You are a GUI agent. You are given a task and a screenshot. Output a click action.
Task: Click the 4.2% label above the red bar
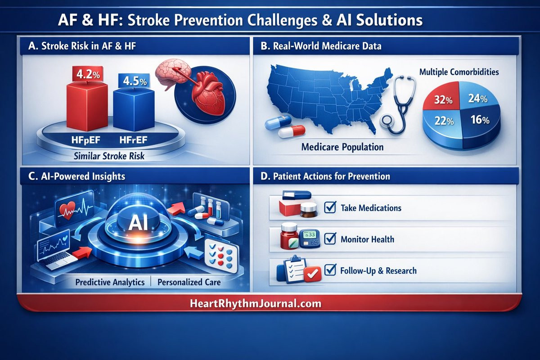(88, 74)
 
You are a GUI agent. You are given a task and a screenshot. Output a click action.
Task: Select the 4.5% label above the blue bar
(135, 81)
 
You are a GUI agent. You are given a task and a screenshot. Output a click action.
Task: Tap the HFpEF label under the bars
(85, 140)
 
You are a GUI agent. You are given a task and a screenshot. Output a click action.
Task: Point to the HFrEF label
(133, 140)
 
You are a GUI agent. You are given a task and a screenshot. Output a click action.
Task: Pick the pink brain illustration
(172, 72)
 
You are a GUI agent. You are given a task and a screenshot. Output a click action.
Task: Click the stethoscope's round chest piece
(387, 121)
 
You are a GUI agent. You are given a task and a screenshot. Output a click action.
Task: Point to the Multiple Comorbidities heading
(459, 72)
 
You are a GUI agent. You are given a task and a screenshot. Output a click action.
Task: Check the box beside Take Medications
(330, 207)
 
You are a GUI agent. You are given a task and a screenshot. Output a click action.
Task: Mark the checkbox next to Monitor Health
(330, 238)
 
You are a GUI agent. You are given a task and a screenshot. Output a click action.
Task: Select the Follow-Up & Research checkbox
(330, 270)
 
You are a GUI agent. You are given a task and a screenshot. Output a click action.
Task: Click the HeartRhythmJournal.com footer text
(256, 303)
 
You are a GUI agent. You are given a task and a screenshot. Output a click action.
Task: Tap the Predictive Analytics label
(110, 282)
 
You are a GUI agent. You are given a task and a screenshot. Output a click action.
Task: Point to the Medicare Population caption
(342, 147)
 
